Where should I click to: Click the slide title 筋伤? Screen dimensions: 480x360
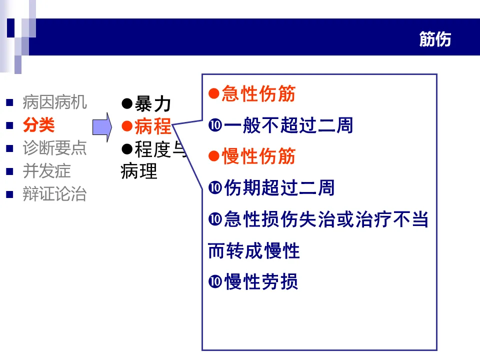pyautogui.click(x=435, y=39)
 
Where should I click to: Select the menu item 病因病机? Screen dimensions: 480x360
pyautogui.click(x=54, y=102)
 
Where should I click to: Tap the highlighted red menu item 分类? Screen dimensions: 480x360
pyautogui.click(x=38, y=125)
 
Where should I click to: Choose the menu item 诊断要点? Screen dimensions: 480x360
pyautogui.click(x=54, y=148)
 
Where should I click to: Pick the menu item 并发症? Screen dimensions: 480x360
pyautogui.click(x=46, y=171)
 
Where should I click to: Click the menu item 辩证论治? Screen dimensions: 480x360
pyautogui.click(x=54, y=194)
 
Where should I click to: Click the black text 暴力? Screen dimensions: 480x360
pyautogui.click(x=153, y=104)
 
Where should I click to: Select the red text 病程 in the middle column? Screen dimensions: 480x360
pyautogui.click(x=153, y=127)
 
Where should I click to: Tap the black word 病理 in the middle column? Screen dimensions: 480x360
pyautogui.click(x=139, y=171)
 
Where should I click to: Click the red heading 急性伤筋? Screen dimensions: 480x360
pyautogui.click(x=258, y=94)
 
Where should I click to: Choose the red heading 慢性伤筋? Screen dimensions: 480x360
pyautogui.click(x=258, y=156)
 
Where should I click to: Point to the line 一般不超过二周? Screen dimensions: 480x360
pyautogui.click(x=288, y=125)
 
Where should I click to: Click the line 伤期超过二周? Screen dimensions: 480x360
pyautogui.click(x=279, y=188)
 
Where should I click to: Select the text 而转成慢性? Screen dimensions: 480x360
pyautogui.click(x=253, y=251)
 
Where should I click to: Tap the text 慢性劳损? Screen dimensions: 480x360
pyautogui.click(x=261, y=282)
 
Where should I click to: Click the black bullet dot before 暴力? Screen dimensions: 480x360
pyautogui.click(x=127, y=104)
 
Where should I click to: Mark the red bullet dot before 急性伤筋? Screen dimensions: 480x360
pyautogui.click(x=214, y=94)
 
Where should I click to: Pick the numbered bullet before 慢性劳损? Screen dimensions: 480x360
pyautogui.click(x=215, y=282)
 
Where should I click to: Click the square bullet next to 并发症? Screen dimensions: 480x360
pyautogui.click(x=9, y=171)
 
